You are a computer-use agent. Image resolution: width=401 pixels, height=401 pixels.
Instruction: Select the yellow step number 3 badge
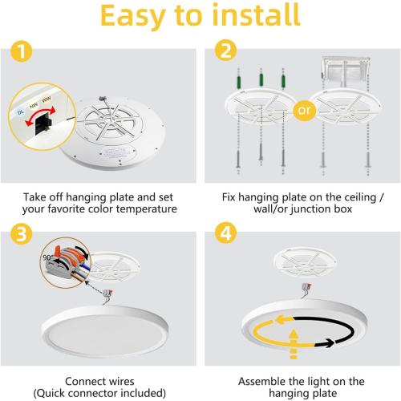(20, 235)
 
